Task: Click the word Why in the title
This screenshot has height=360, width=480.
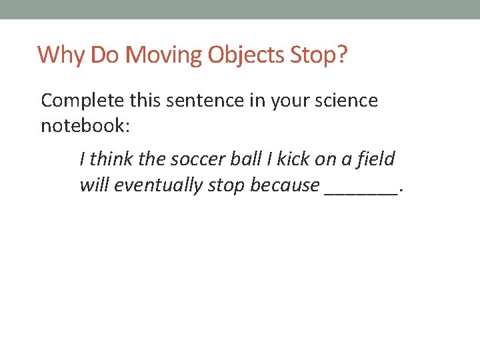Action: (x=61, y=55)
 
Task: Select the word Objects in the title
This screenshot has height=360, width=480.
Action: (x=247, y=55)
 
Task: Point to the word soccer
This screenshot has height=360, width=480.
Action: (x=199, y=159)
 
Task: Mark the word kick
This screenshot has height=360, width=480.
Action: (x=293, y=159)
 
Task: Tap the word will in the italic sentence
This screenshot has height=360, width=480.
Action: (x=94, y=185)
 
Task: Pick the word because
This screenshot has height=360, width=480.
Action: (x=285, y=185)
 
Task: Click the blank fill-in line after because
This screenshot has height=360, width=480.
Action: (x=361, y=189)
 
